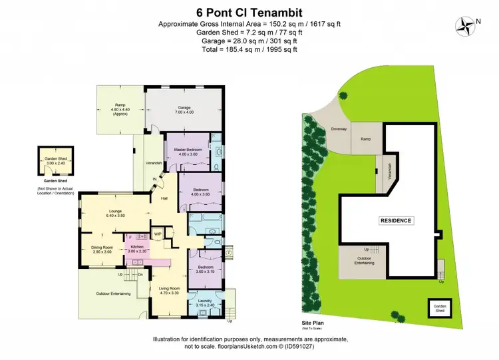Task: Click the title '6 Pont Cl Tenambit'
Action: point(249,11)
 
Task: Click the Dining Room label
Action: point(102,248)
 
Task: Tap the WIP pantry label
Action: point(158,234)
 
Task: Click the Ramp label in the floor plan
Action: point(120,106)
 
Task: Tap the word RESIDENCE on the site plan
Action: point(396,220)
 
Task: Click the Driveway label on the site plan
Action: point(331,130)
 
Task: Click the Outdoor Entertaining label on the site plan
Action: point(363,261)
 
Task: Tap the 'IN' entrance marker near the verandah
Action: point(154,180)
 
